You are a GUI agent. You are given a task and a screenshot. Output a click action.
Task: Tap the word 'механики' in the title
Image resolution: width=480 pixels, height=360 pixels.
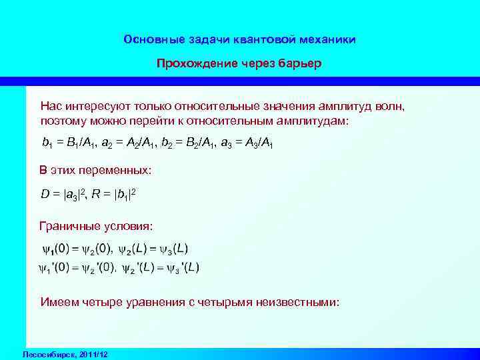click(x=327, y=39)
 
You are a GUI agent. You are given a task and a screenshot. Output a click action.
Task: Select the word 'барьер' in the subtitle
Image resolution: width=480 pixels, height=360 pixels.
click(x=301, y=63)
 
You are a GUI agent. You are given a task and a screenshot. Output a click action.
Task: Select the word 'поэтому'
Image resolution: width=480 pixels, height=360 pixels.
click(x=63, y=122)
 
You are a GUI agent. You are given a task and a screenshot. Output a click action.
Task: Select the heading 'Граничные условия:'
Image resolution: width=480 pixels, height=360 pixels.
click(x=96, y=227)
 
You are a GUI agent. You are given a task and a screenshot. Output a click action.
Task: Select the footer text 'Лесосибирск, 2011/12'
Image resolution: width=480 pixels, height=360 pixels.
click(x=65, y=353)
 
